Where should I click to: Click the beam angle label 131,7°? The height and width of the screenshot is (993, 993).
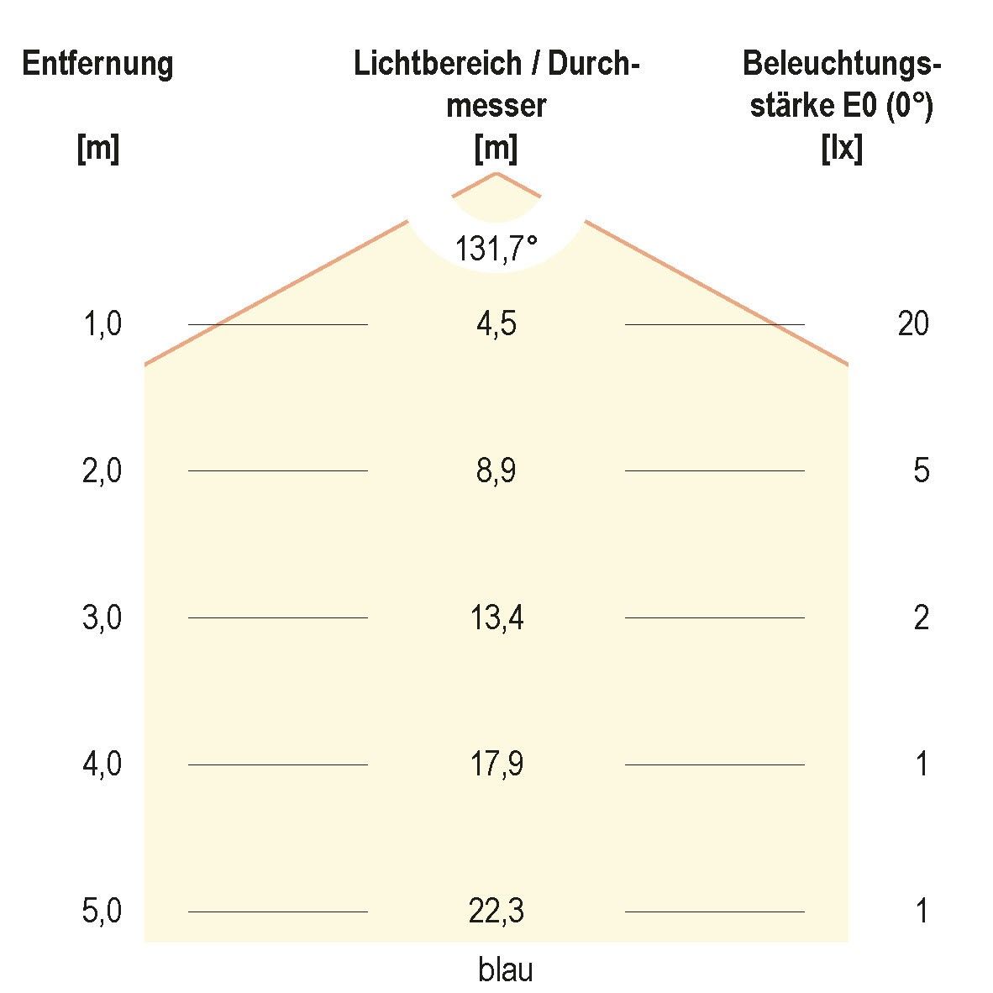pyautogui.click(x=496, y=249)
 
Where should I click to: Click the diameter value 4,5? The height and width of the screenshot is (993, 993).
pyautogui.click(x=496, y=323)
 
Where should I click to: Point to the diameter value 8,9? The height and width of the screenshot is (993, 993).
pyautogui.click(x=496, y=470)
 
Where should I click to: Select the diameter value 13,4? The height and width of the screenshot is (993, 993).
pyautogui.click(x=496, y=618)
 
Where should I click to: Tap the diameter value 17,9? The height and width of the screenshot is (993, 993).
pyautogui.click(x=496, y=764)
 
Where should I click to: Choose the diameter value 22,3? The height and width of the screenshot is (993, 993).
pyautogui.click(x=496, y=912)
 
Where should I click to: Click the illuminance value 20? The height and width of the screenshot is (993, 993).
pyautogui.click(x=913, y=323)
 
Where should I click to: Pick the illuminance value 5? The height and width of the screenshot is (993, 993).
pyautogui.click(x=922, y=470)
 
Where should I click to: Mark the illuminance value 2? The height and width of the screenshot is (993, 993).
pyautogui.click(x=922, y=618)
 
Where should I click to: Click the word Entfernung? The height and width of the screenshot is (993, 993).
pyautogui.click(x=97, y=64)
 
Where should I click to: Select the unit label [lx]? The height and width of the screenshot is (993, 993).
pyautogui.click(x=841, y=150)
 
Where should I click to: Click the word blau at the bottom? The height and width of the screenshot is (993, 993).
pyautogui.click(x=506, y=970)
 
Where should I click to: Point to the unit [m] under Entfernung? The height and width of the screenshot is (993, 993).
pyautogui.click(x=97, y=150)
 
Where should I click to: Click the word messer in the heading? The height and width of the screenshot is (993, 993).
pyautogui.click(x=496, y=107)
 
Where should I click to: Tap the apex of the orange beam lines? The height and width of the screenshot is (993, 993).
pyautogui.click(x=496, y=173)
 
